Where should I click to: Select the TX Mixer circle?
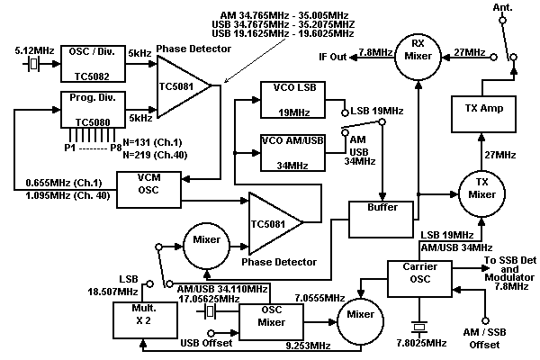[483, 191]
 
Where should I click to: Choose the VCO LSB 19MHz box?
[289, 99]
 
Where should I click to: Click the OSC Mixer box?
[271, 319]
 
